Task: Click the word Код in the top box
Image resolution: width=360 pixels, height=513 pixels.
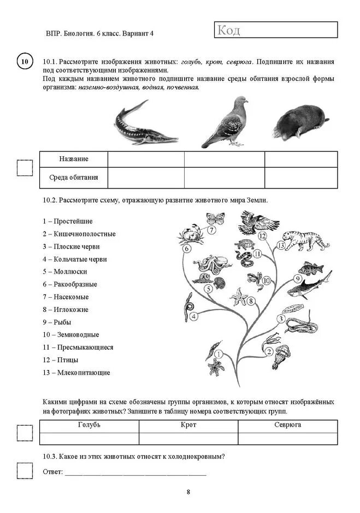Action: pos(228,30)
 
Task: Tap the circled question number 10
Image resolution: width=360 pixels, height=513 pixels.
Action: pos(24,62)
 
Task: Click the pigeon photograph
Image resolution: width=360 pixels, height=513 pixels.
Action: pos(225,122)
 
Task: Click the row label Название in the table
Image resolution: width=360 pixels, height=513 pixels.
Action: pos(74,159)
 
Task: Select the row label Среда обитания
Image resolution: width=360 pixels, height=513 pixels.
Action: pos(74,178)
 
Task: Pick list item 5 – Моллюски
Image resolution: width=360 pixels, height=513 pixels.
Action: pos(64,272)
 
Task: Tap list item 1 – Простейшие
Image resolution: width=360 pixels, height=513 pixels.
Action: pos(67,221)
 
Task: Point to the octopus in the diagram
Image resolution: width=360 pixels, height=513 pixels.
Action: pos(208,266)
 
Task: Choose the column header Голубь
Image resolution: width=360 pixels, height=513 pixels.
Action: pos(89,425)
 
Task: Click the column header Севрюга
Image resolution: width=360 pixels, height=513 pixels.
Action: pos(287,425)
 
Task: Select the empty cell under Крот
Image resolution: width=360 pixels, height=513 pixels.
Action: pos(188,438)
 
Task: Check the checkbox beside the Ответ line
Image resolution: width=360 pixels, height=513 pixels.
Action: pos(25,470)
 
